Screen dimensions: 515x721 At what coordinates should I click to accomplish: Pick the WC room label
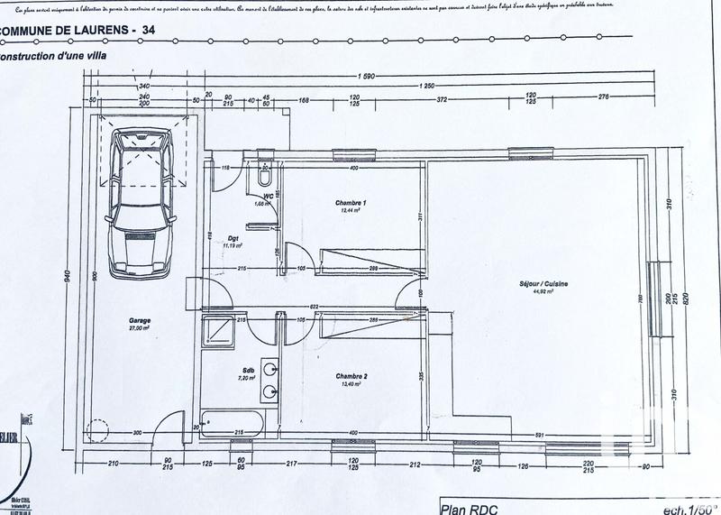point(268,195)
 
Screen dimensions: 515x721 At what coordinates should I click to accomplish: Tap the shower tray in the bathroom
point(218,333)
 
